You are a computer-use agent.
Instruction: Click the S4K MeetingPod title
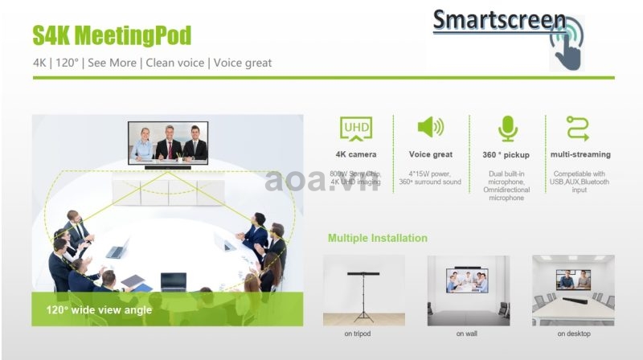point(112,35)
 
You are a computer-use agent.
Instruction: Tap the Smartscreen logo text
point(499,20)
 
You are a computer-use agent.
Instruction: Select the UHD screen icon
point(356,129)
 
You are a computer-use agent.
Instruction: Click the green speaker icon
point(430,127)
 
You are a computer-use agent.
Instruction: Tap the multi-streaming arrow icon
point(578,129)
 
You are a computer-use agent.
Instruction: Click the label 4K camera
point(356,154)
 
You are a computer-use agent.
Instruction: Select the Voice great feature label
point(431,154)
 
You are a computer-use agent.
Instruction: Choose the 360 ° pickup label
point(506,155)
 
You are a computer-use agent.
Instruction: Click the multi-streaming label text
point(580,154)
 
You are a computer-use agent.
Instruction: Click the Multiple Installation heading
point(377,238)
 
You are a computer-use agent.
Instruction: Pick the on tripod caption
point(357,333)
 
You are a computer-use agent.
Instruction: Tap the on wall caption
point(467,333)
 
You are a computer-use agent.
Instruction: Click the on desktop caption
point(574,333)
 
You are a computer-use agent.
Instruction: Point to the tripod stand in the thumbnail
point(363,296)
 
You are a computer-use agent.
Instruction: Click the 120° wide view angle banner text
point(99,310)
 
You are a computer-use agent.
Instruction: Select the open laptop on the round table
point(174,282)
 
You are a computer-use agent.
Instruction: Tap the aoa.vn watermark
point(322,181)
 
